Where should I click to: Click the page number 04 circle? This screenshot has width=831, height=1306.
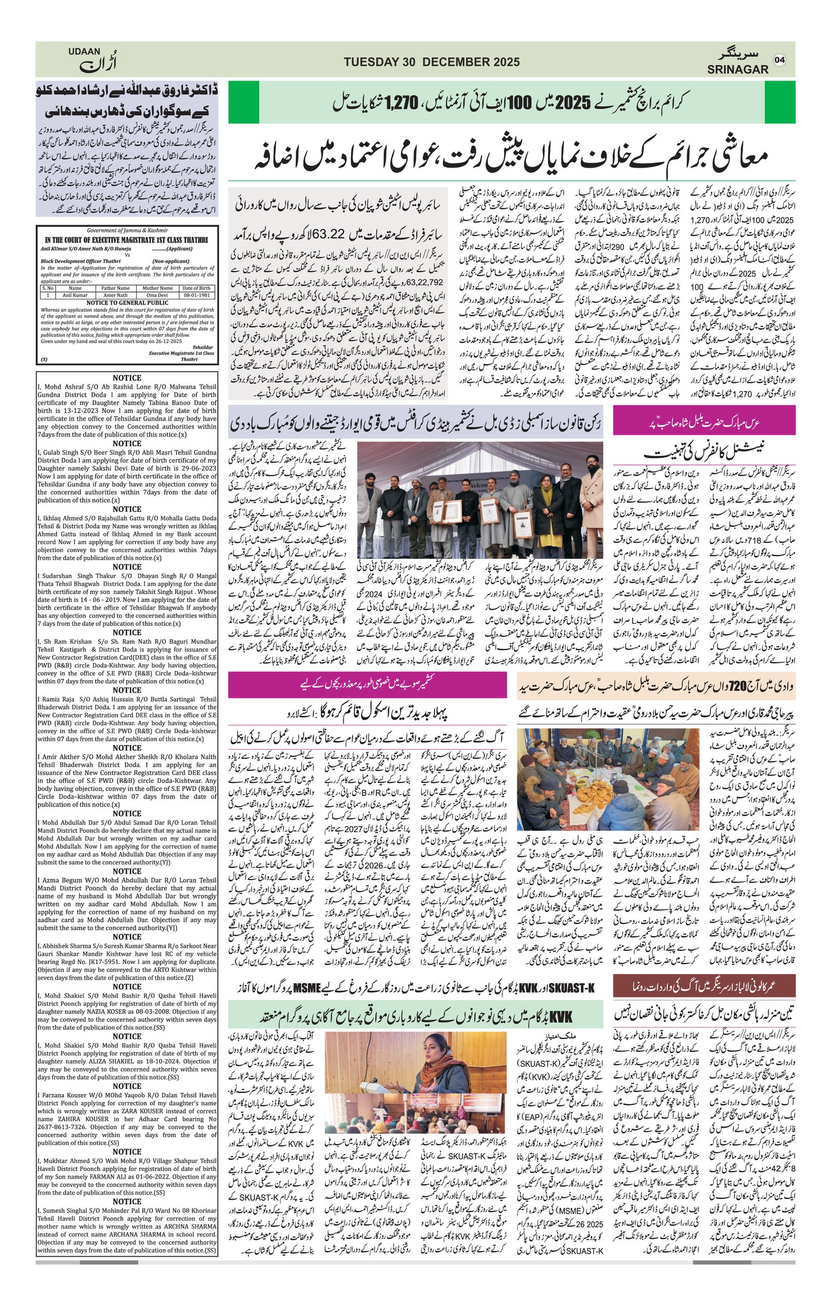pyautogui.click(x=780, y=60)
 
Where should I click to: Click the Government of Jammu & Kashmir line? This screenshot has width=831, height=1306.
pyautogui.click(x=127, y=231)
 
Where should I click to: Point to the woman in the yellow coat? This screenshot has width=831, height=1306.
pyautogui.click(x=558, y=504)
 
